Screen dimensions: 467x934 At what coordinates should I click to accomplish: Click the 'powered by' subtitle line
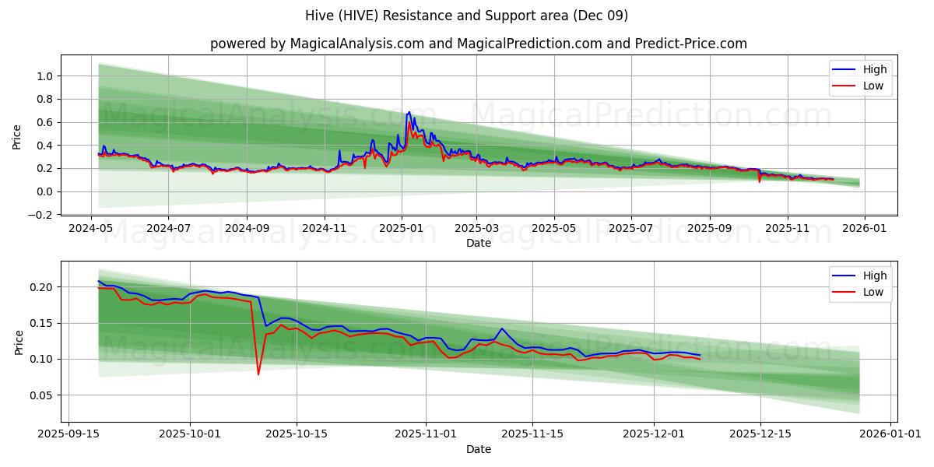(478, 44)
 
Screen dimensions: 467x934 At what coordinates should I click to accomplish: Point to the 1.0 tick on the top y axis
(44, 76)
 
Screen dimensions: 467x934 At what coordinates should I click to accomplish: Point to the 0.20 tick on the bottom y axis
(41, 287)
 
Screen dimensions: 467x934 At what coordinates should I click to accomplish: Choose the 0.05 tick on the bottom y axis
(41, 395)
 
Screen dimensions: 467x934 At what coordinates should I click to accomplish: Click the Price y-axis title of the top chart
(17, 137)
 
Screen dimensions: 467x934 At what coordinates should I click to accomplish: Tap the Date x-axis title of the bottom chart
(478, 449)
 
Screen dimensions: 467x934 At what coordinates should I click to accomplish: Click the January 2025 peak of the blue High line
(409, 112)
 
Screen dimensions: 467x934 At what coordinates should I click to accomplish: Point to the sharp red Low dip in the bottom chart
(258, 374)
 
